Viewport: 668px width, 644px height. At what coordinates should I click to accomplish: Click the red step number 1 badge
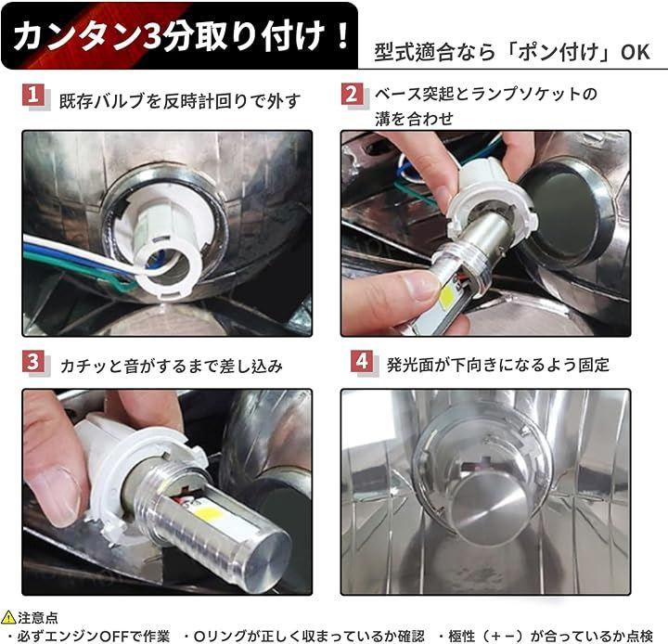tap(33, 95)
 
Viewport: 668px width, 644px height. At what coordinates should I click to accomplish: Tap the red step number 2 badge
tap(352, 94)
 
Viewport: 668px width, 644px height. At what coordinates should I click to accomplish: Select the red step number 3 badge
tap(33, 363)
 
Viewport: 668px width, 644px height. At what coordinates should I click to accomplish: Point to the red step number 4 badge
tap(362, 361)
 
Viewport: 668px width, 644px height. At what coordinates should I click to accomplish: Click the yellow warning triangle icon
tap(8, 617)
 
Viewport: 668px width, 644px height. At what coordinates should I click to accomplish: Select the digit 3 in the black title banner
tap(150, 37)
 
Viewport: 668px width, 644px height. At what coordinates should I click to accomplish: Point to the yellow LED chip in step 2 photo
tap(447, 294)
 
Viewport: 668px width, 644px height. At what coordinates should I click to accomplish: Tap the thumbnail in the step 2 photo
tap(419, 285)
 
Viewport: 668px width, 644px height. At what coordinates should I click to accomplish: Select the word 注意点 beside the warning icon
tap(37, 618)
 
